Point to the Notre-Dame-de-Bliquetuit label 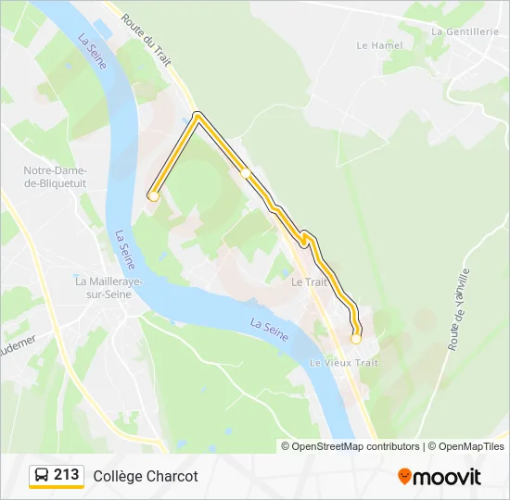(x=56, y=177)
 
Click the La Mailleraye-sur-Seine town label (x=104, y=287)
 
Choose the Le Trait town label (x=310, y=281)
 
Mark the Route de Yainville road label (x=458, y=310)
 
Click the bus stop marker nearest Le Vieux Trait (x=356, y=339)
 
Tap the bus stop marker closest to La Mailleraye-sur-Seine (x=154, y=196)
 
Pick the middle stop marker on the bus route (x=245, y=172)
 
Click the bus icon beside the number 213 (x=42, y=475)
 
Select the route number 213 (x=67, y=475)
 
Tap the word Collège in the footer (x=115, y=476)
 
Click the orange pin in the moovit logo (x=404, y=477)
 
